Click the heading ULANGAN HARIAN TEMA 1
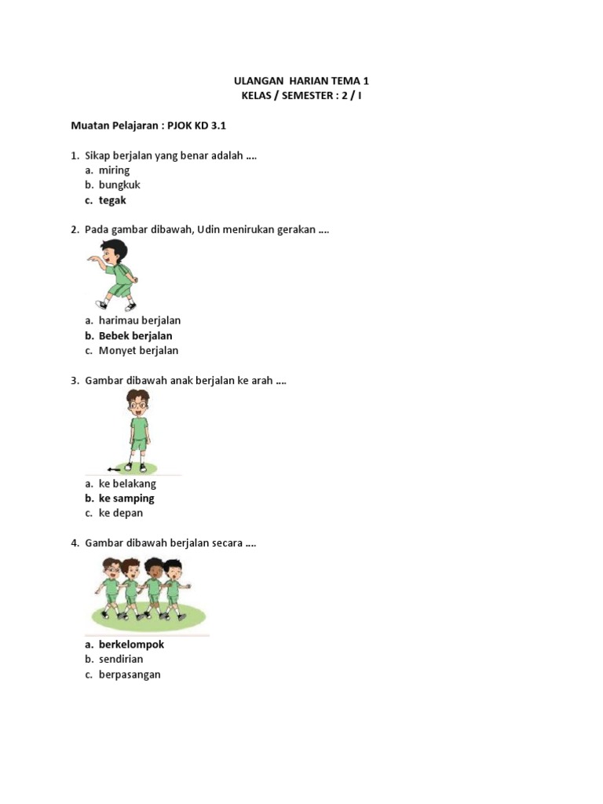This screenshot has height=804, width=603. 301,81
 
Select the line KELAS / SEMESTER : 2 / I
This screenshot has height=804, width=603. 301,96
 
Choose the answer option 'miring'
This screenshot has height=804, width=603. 114,170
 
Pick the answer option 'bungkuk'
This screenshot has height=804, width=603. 119,185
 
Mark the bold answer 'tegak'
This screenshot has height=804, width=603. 112,200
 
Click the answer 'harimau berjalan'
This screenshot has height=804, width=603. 140,320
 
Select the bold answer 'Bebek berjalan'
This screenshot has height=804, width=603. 135,336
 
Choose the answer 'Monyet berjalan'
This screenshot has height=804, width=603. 138,351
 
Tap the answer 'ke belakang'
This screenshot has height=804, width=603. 127,484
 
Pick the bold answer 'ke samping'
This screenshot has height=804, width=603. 126,499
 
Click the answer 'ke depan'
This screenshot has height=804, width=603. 121,513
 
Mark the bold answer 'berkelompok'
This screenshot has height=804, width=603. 131,645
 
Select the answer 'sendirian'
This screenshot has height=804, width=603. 121,660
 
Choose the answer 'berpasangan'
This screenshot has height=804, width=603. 130,674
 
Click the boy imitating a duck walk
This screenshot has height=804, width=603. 116,276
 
